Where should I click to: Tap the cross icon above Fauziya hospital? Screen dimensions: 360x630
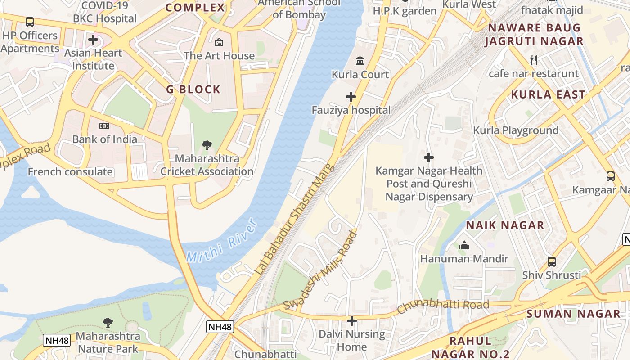351,97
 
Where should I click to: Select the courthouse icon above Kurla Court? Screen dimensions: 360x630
360,61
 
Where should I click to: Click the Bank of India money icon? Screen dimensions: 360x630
104,126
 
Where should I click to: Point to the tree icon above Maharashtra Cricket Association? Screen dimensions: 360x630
207,145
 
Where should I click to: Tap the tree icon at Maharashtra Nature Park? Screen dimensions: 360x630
108,322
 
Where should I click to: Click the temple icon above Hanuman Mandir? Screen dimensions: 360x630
464,245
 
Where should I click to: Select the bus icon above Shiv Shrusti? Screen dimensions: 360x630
551,261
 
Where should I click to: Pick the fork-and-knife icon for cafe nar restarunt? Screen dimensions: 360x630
534,60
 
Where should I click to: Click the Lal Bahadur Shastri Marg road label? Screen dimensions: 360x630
295,219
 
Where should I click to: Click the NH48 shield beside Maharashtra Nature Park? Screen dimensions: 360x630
57,340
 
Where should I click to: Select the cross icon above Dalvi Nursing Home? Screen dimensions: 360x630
352,321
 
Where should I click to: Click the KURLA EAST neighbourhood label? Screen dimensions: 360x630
548,94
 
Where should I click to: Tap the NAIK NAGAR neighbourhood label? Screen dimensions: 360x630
505,225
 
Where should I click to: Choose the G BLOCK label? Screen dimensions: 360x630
193,89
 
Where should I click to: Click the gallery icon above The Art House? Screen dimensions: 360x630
219,42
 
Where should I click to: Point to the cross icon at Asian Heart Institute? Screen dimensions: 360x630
93,40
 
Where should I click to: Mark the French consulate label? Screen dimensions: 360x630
70,171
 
